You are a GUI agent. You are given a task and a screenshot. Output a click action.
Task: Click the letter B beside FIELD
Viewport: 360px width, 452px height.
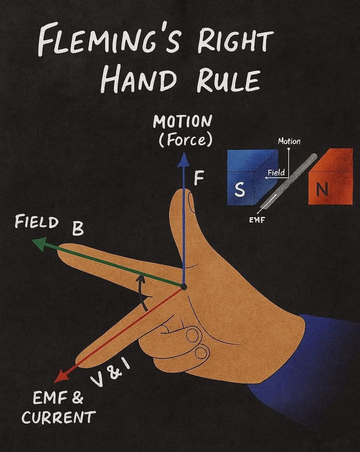tap(78, 229)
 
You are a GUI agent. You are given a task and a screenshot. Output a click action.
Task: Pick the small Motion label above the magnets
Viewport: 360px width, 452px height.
tap(289, 142)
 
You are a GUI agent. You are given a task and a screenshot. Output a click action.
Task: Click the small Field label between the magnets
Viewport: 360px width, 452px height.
tap(276, 173)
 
